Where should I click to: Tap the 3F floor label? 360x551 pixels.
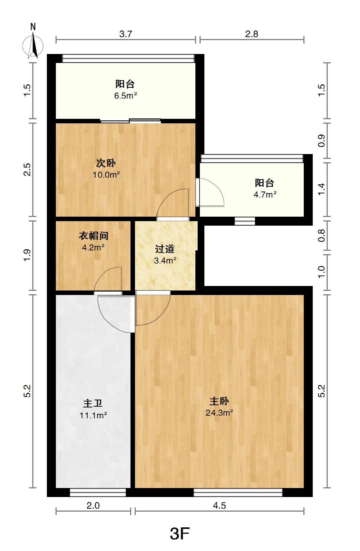point(180,533)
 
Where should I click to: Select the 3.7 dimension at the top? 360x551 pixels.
point(126,34)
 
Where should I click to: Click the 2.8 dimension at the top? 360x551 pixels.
point(252,34)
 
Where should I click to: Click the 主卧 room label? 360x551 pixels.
point(219,401)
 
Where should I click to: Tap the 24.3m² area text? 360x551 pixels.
point(219,413)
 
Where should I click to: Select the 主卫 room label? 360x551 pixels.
point(93,404)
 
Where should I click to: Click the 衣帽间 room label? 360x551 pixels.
point(93,236)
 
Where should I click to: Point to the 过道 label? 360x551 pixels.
point(165,249)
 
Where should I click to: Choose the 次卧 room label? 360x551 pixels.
point(106,163)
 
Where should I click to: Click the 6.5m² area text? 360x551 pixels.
point(126,96)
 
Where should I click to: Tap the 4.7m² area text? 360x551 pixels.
point(265,194)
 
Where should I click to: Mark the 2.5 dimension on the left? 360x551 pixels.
point(27,169)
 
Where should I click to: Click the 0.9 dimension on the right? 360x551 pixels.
point(321,141)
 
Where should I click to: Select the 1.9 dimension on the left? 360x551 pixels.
point(27,255)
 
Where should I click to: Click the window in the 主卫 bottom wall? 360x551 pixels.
point(98,493)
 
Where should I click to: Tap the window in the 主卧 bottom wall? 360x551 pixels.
point(238,493)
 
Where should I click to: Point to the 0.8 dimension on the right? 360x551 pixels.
point(321,235)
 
